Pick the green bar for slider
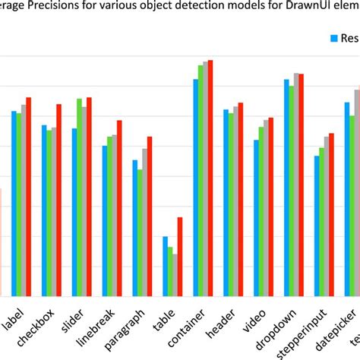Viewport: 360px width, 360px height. (79, 197)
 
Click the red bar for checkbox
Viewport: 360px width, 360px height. (58, 201)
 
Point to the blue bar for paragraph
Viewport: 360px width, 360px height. (135, 228)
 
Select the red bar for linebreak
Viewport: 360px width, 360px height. (119, 208)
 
